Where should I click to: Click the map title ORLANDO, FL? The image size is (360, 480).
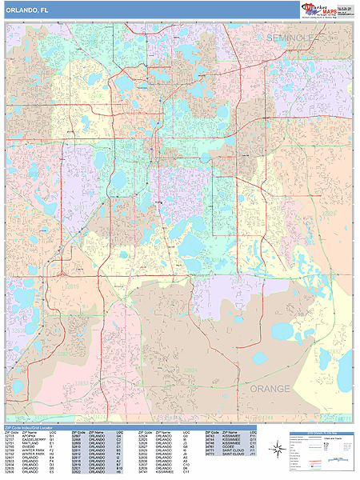[23, 10]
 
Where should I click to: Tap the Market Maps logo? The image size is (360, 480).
[327, 9]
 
